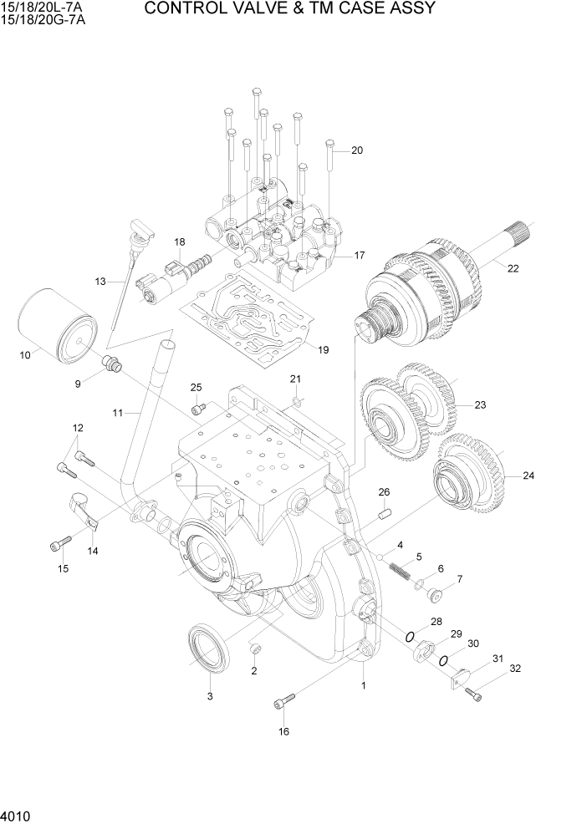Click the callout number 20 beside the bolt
357,151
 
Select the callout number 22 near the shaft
513,268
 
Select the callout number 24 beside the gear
528,476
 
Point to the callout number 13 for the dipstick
101,282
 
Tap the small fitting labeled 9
110,364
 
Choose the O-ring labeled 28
411,638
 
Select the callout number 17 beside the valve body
359,255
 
